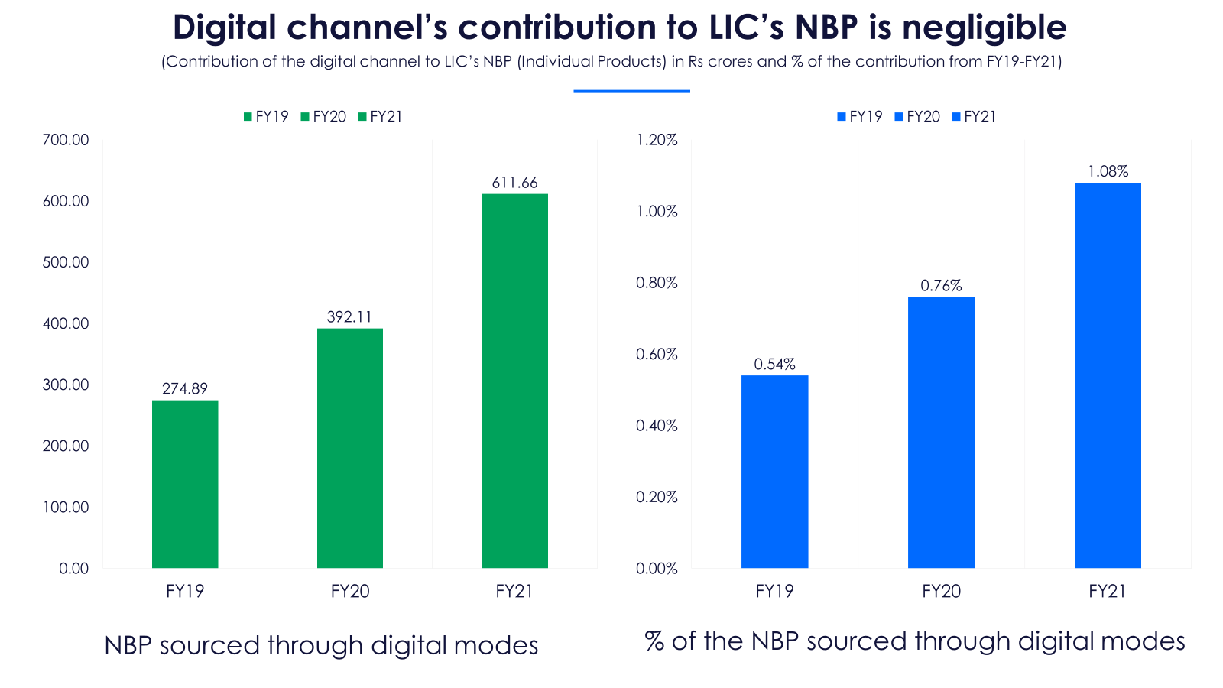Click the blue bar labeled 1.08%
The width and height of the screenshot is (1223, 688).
pyautogui.click(x=1108, y=375)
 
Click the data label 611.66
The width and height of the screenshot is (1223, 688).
pyautogui.click(x=514, y=183)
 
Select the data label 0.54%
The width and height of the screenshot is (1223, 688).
pyautogui.click(x=774, y=365)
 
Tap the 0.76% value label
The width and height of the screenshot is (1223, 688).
pyautogui.click(x=941, y=286)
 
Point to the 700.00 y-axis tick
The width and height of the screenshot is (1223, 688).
pyautogui.click(x=66, y=140)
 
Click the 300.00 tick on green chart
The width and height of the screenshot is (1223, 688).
pyautogui.click(x=66, y=385)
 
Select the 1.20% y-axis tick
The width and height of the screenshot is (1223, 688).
pyautogui.click(x=657, y=140)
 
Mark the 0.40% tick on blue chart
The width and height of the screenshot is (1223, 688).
pyautogui.click(x=657, y=426)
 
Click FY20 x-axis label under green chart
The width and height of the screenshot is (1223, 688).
pyautogui.click(x=350, y=591)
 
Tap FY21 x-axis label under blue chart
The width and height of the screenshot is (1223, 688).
pyautogui.click(x=1108, y=591)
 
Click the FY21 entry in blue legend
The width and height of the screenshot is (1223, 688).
pyautogui.click(x=975, y=117)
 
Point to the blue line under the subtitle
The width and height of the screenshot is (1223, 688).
pyautogui.click(x=631, y=92)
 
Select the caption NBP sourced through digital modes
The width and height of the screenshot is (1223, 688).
pyautogui.click(x=321, y=646)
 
